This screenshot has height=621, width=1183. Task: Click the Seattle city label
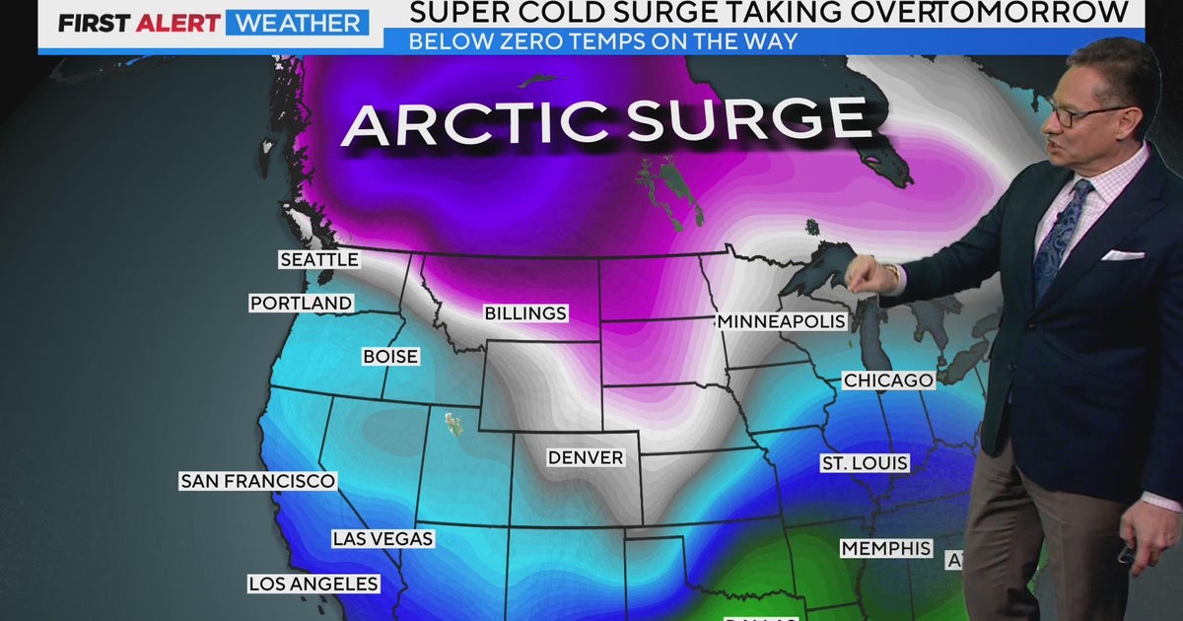pos(318,260)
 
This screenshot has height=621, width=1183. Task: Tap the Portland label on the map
pos(301,304)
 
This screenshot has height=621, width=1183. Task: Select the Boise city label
pos(390,356)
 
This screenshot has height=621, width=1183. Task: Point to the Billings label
pos(525,313)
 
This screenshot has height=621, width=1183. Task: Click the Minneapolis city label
pos(782,321)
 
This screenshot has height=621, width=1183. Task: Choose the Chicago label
pos(887,380)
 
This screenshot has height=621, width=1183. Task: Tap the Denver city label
pos(586,457)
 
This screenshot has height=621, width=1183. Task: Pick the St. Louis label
pos(865,463)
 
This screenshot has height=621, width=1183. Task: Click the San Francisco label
pos(257,481)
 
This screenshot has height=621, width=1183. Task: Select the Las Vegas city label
pos(383,539)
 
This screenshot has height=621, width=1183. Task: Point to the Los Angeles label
pos(313,584)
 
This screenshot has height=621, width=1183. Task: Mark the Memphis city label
pos(885,548)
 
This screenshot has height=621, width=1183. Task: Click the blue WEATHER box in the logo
pos(297,23)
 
